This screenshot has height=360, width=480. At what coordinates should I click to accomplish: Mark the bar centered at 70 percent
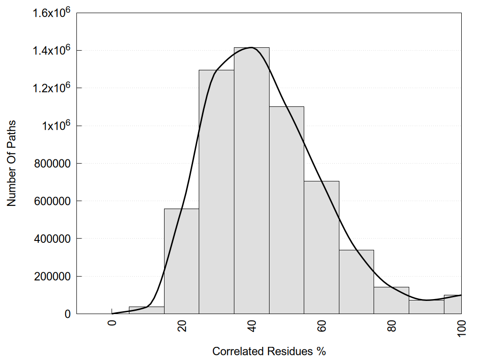click(357, 282)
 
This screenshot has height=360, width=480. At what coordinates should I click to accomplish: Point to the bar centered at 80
click(391, 300)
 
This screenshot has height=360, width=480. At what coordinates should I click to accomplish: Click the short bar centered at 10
click(146, 310)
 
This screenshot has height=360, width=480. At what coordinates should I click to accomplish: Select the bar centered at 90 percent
click(427, 307)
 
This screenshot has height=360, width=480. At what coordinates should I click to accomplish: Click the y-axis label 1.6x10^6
click(51, 13)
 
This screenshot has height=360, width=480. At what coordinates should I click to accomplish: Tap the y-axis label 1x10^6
click(55, 126)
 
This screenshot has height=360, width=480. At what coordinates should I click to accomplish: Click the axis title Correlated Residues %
click(269, 351)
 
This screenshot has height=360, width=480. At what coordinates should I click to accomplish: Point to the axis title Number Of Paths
click(12, 163)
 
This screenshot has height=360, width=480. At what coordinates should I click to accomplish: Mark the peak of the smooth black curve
click(252, 47)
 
